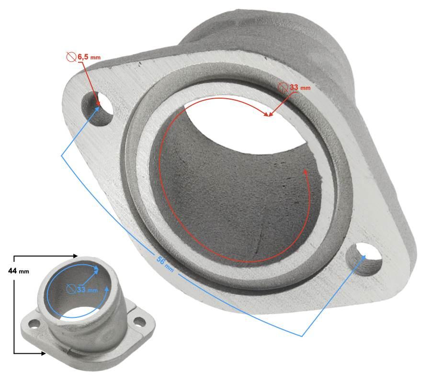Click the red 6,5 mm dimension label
(x=89, y=57)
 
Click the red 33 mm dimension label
(x=300, y=87)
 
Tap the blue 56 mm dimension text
(x=165, y=264)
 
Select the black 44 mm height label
(x=18, y=271)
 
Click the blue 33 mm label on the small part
(x=87, y=290)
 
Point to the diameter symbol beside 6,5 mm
(x=71, y=57)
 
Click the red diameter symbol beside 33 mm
(x=283, y=87)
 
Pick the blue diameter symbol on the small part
(x=71, y=289)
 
